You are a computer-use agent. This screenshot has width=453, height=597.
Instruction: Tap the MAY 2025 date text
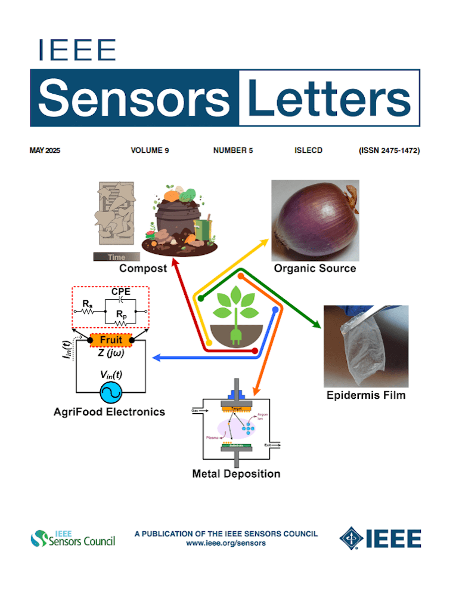(45, 150)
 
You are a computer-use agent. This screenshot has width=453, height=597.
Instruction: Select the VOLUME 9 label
(150, 150)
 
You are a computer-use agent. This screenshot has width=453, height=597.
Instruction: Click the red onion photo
(315, 218)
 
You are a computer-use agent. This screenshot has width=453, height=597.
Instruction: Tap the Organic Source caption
(315, 269)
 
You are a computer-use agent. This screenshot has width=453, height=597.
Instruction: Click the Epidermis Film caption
(366, 395)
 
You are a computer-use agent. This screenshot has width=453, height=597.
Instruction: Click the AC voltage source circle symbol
(110, 392)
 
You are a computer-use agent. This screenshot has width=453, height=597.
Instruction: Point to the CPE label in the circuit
(121, 292)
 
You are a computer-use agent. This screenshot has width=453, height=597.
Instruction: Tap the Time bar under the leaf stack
(117, 257)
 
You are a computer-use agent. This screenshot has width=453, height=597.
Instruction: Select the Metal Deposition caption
(236, 474)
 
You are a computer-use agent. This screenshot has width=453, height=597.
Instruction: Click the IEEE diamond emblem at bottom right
(352, 538)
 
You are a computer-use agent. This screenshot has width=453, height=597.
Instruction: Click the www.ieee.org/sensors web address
(226, 543)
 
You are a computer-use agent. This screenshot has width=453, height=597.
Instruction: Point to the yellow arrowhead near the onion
(263, 242)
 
